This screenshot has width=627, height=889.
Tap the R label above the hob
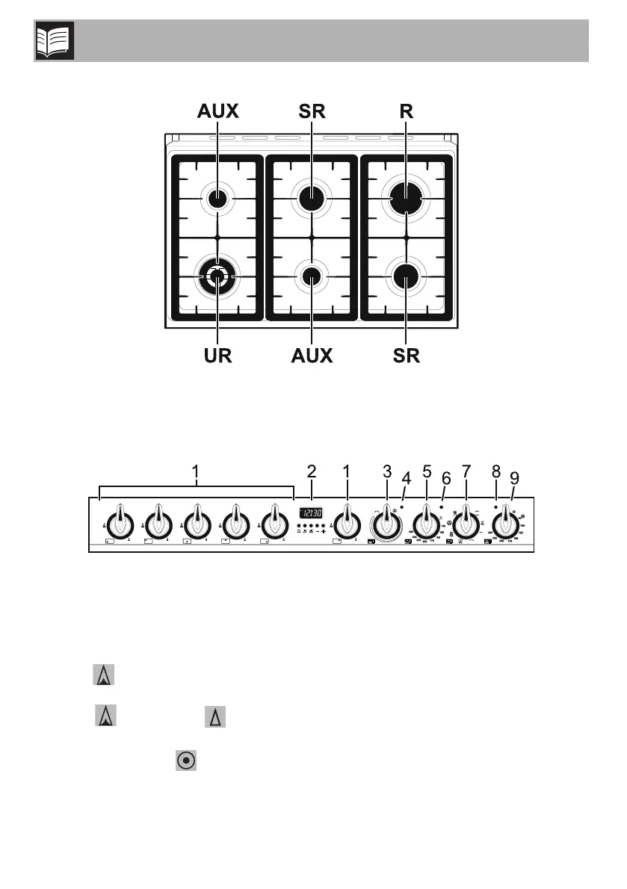click(x=406, y=112)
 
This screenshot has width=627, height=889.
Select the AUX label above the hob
click(x=217, y=112)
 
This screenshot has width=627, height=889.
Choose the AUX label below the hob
click(x=311, y=355)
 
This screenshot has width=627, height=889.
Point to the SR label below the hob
click(x=405, y=355)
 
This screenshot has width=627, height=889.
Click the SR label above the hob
click(x=311, y=112)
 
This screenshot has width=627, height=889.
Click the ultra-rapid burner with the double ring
click(x=217, y=276)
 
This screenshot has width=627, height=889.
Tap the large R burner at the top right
click(x=406, y=199)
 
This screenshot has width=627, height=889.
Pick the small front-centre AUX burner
click(x=311, y=276)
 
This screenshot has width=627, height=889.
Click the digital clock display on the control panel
click(x=311, y=514)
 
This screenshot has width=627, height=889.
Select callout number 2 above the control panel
click(x=312, y=472)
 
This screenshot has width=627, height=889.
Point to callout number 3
click(x=386, y=472)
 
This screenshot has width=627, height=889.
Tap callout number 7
click(x=466, y=472)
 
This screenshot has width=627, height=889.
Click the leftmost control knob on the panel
click(x=117, y=521)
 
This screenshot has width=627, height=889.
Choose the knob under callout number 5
click(x=426, y=519)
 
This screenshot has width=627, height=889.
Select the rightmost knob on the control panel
click(x=506, y=519)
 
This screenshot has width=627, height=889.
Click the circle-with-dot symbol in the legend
click(x=186, y=760)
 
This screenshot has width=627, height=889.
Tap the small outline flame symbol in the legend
click(x=215, y=719)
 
